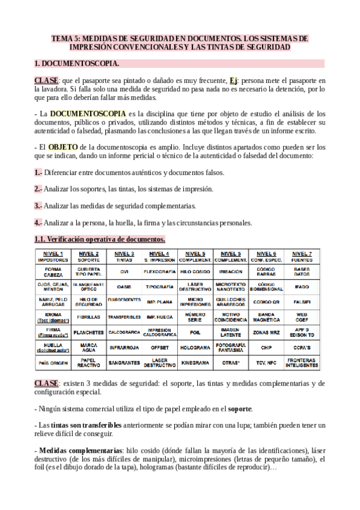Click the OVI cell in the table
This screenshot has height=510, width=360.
tap(124, 271)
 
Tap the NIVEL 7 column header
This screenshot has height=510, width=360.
tap(301, 256)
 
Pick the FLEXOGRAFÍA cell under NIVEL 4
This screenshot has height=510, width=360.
tap(159, 271)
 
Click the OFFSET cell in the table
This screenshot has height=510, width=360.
tap(159, 347)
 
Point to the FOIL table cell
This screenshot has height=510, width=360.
tap(195, 331)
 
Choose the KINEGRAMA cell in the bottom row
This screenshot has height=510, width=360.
tap(195, 363)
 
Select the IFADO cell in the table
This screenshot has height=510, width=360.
tap(301, 286)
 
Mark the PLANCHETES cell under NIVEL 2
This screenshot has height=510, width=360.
tap(88, 331)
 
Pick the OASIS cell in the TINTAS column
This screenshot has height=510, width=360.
tap(124, 286)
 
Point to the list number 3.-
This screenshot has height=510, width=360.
tap(38, 206)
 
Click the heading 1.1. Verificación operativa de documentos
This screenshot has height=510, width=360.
tap(100, 239)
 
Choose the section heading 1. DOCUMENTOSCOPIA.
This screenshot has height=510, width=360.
tap(77, 63)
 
